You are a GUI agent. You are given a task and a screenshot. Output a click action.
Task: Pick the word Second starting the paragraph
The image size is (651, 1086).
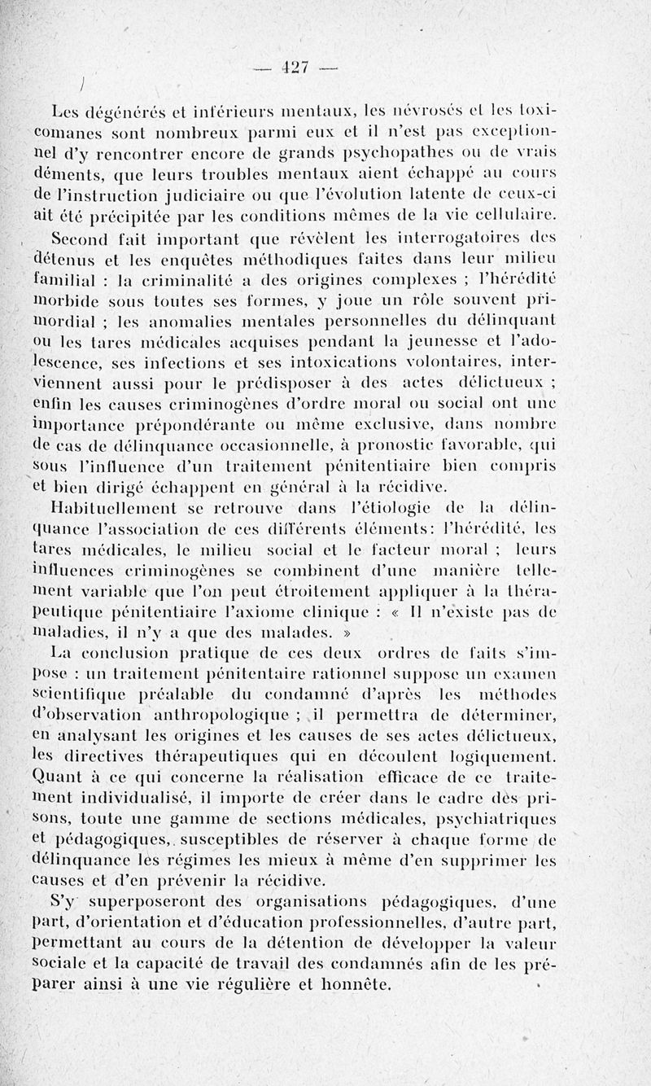(x=81, y=240)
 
